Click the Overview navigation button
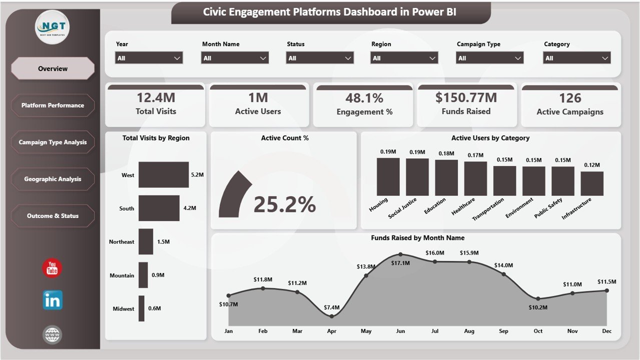pos(53,68)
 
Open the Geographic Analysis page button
pos(53,179)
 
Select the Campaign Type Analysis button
pos(53,142)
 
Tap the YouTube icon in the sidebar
pos(52,269)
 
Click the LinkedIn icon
pos(52,300)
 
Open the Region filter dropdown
pos(404,58)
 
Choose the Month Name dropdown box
pos(235,58)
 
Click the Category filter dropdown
pos(577,58)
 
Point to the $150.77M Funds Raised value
pos(466,97)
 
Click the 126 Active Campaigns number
pos(570,98)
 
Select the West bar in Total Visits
pos(164,174)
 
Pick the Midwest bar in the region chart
pos(142,308)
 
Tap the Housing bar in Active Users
pos(388,176)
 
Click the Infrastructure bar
pos(592,183)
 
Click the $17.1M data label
pos(400,263)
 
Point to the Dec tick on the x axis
pos(606,331)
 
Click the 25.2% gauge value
pos(285,204)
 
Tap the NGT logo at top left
pos(53,27)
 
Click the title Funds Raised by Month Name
pos(417,238)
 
